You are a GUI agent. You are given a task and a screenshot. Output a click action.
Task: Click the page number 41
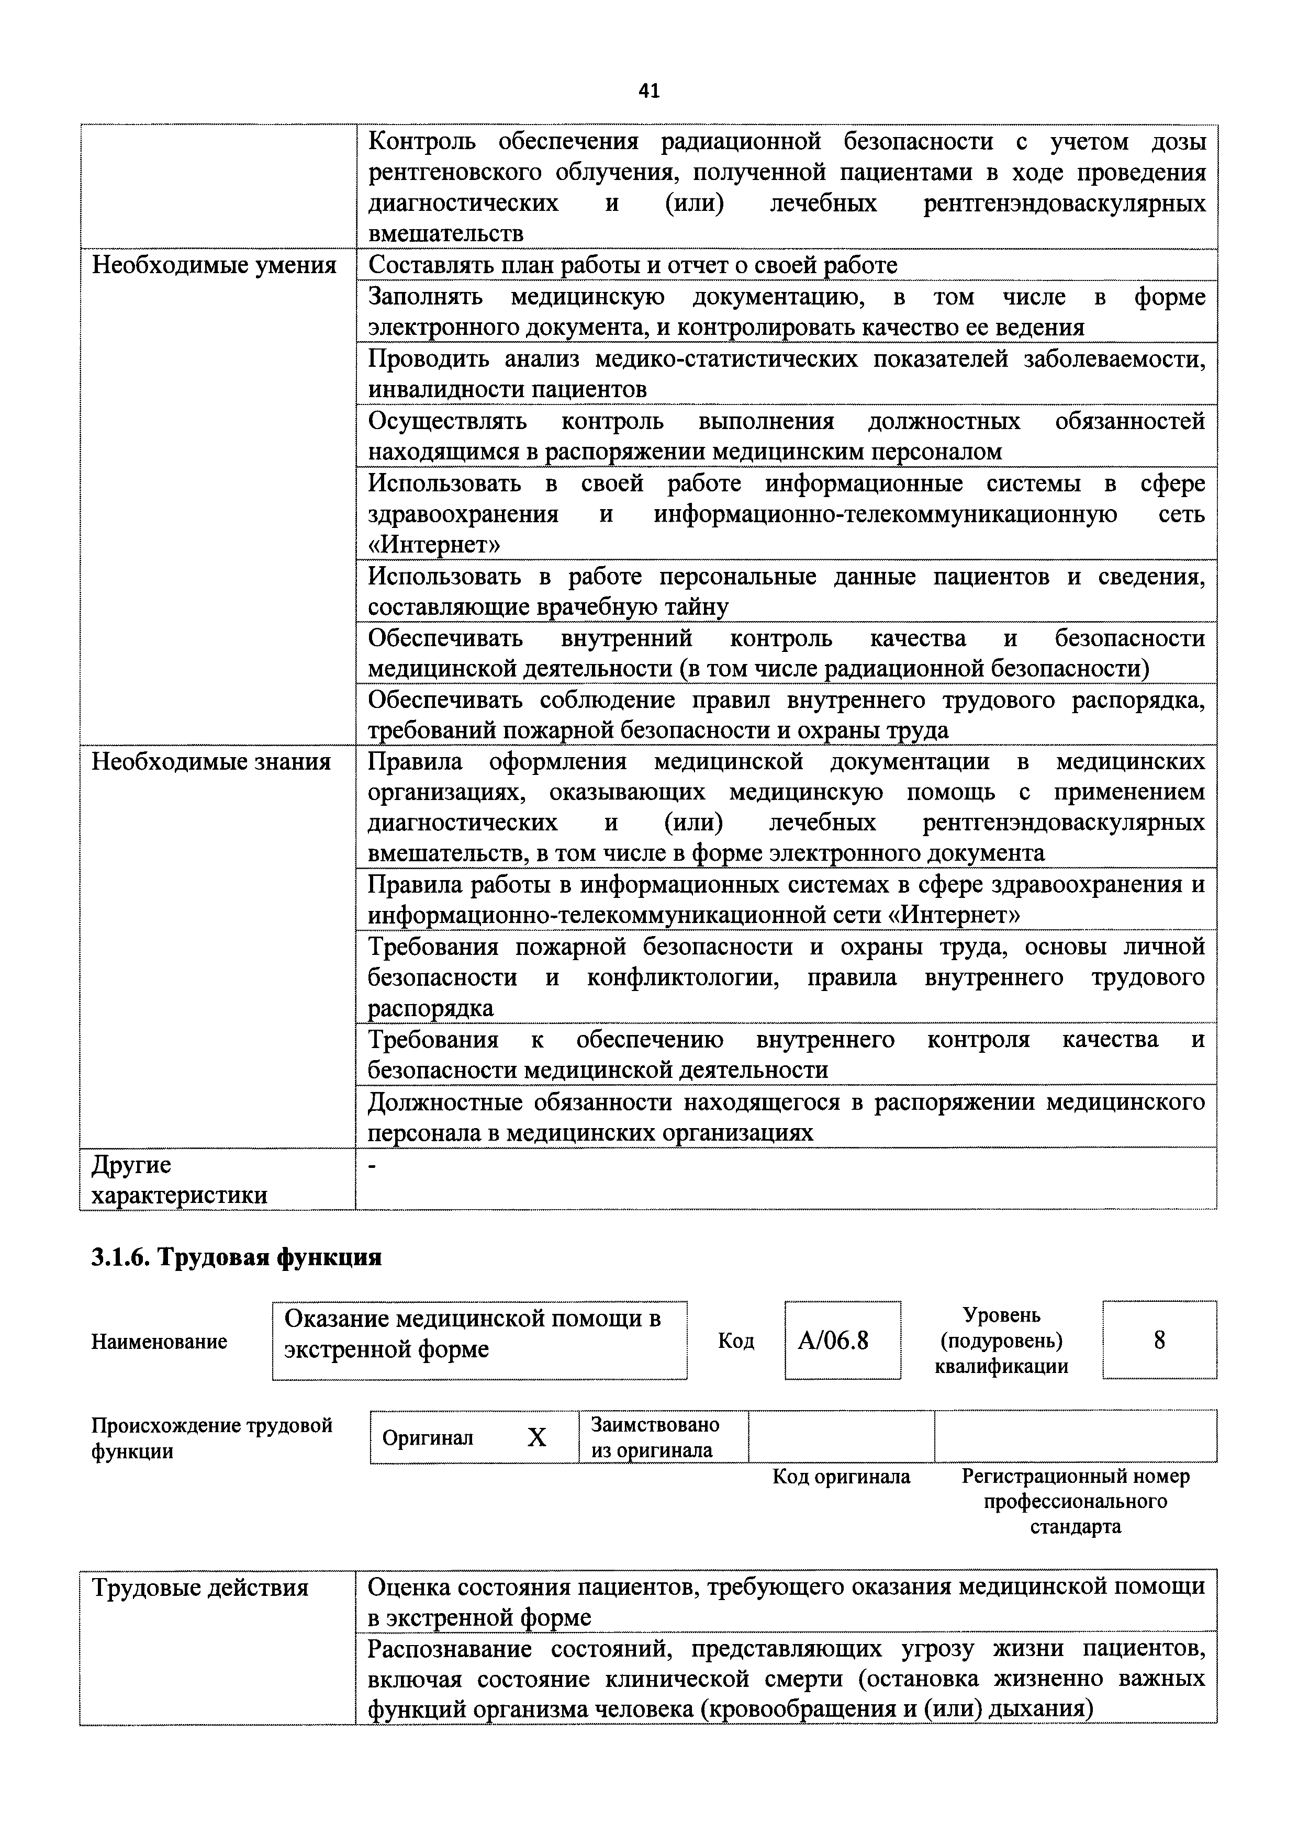coord(649,91)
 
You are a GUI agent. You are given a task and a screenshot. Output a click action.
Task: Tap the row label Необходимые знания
coord(211,762)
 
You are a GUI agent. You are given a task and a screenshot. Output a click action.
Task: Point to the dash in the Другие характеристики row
coord(372,1168)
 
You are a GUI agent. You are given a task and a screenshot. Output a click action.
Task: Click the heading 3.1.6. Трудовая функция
coord(237,1257)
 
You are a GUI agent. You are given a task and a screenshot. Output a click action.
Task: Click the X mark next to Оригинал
coord(537,1438)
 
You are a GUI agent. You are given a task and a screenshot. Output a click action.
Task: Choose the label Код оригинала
coord(841,1476)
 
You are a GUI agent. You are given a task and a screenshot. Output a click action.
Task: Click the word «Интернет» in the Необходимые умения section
coord(434,545)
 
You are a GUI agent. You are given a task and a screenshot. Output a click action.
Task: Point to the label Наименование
coord(159,1341)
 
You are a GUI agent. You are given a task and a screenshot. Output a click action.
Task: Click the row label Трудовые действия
coord(200,1587)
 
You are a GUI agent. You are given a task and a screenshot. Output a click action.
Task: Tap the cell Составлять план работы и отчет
coord(632,265)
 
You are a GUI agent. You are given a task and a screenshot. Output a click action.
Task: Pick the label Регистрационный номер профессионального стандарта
coord(1075,1501)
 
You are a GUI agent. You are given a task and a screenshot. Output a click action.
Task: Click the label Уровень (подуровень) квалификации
coord(1001,1341)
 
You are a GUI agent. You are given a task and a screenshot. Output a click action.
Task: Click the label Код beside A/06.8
coord(735,1341)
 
